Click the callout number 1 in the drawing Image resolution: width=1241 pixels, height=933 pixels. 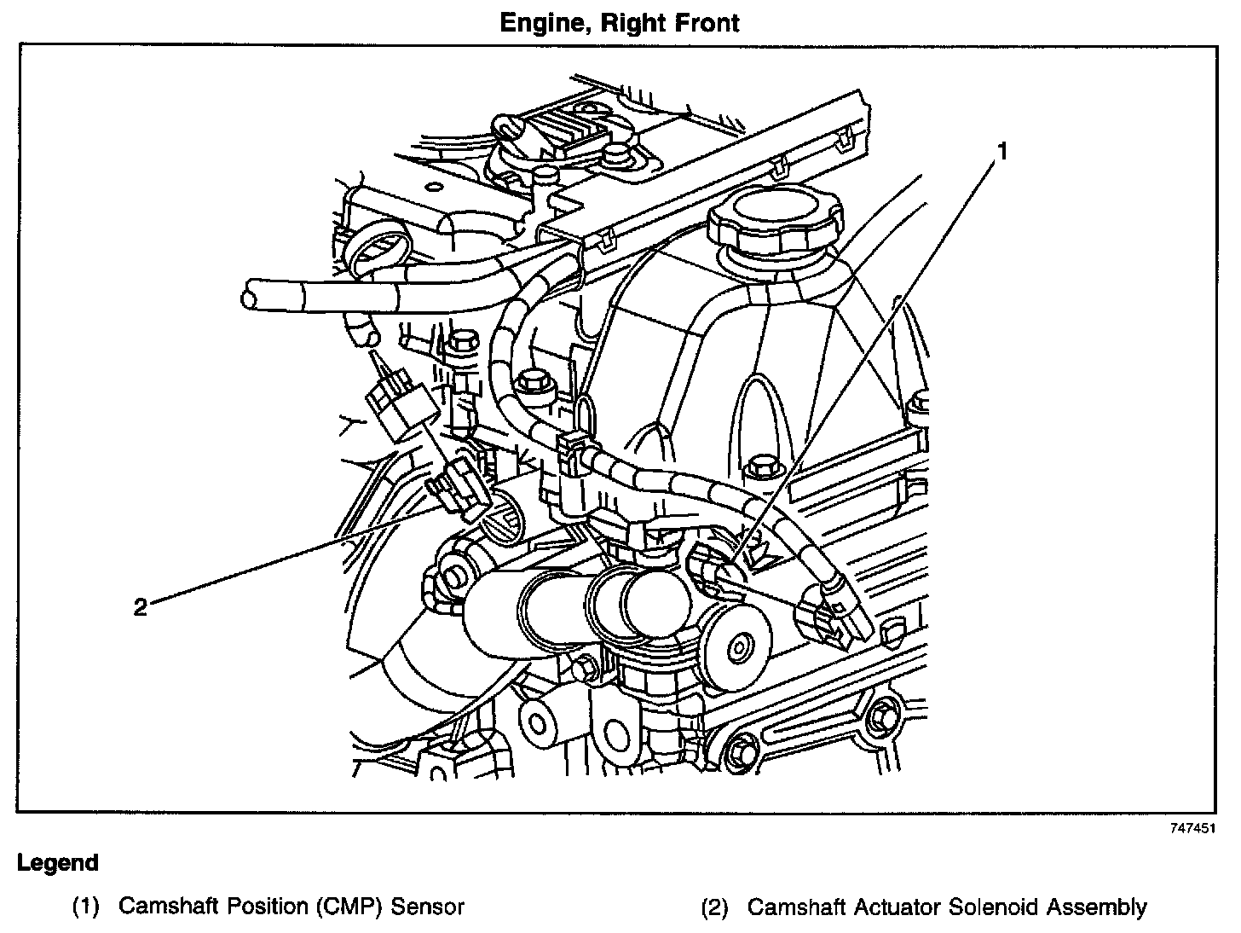tap(1002, 151)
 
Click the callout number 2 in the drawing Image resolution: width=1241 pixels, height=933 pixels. tap(141, 607)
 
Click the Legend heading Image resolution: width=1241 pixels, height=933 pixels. tap(58, 863)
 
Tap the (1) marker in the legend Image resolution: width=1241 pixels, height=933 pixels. tap(86, 907)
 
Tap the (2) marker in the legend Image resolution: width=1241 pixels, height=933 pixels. tap(715, 907)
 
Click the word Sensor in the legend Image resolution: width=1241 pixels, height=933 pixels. tap(428, 906)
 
